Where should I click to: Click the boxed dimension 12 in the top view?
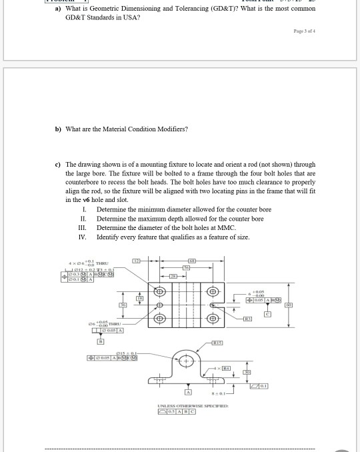[135, 260]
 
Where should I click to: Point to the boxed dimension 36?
[123, 305]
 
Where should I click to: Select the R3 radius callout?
[246, 319]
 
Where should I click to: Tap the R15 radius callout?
[217, 343]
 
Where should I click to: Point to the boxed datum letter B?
[102, 341]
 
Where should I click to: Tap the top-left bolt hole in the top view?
[161, 291]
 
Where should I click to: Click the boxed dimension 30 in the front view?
[245, 372]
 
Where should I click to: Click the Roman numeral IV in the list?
[83, 237]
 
